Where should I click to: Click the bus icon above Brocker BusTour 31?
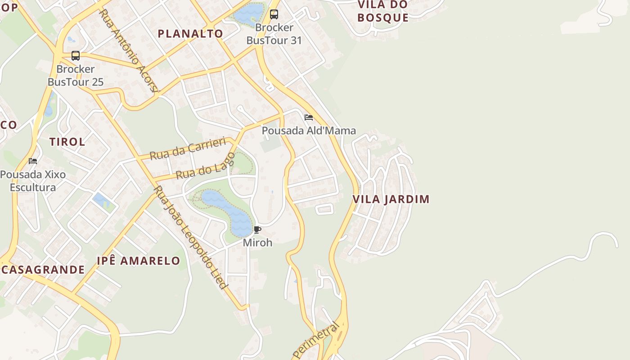click(274, 14)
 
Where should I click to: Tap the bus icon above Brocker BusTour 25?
click(76, 56)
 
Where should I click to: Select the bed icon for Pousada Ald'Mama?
click(308, 117)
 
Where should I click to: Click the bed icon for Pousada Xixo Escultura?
click(33, 161)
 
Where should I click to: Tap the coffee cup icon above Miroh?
click(257, 230)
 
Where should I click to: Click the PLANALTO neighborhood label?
click(190, 34)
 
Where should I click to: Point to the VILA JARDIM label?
click(391, 199)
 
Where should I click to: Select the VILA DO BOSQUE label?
click(383, 11)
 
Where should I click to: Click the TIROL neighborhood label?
click(67, 142)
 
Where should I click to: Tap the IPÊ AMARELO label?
click(139, 261)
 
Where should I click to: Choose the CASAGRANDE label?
click(43, 270)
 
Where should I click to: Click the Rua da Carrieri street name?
click(187, 149)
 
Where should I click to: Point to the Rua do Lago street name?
click(206, 166)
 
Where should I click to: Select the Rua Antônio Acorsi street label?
click(130, 50)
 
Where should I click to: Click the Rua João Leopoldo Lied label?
click(191, 237)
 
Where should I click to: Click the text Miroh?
click(257, 243)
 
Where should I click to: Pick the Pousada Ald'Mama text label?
click(309, 131)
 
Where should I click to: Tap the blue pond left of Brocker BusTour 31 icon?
click(248, 13)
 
